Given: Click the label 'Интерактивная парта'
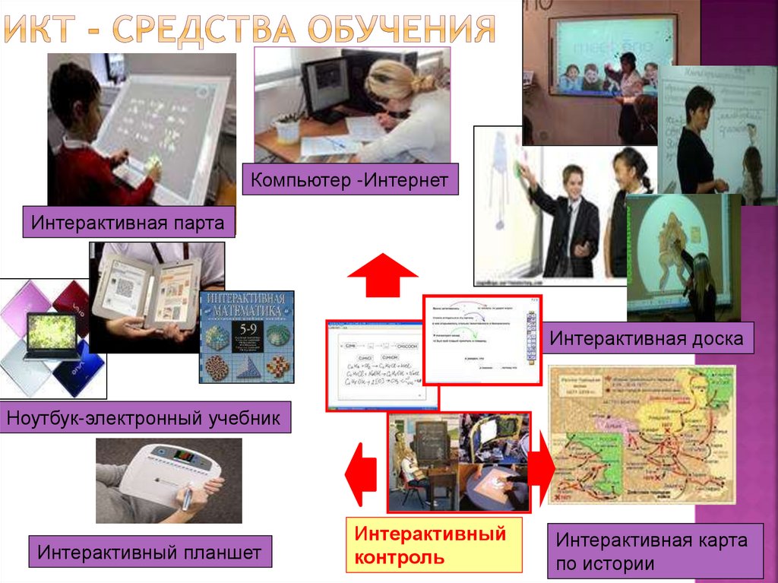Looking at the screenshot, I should click(x=128, y=223).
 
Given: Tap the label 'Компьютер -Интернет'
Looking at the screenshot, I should click(x=350, y=180).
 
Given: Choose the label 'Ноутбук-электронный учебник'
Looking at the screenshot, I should click(x=144, y=417).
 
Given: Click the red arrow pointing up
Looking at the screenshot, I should click(x=381, y=276).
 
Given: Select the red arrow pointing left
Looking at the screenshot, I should click(x=360, y=474).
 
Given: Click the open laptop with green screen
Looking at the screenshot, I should click(x=51, y=335).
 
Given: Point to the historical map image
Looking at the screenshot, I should click(x=641, y=434).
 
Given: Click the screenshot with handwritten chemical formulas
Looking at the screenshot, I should click(x=375, y=365).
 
